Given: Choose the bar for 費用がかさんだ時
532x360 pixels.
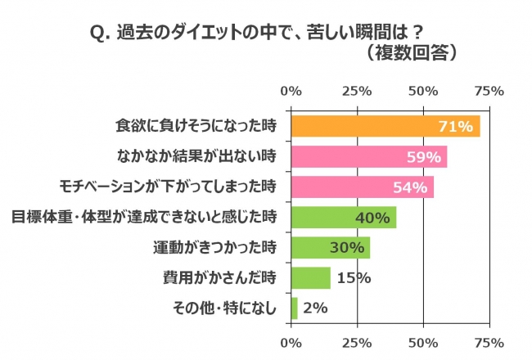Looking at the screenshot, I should coord(310,277).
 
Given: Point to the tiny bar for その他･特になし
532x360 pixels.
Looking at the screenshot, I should coord(295,308).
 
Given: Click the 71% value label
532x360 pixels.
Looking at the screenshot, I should coord(455,127).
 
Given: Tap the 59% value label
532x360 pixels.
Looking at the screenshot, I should coord(423,156).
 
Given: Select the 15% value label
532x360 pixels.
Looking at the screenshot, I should coord(353,277).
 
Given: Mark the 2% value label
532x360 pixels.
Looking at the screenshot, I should coord(315,308).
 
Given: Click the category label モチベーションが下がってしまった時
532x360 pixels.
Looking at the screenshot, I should coord(169,187).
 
